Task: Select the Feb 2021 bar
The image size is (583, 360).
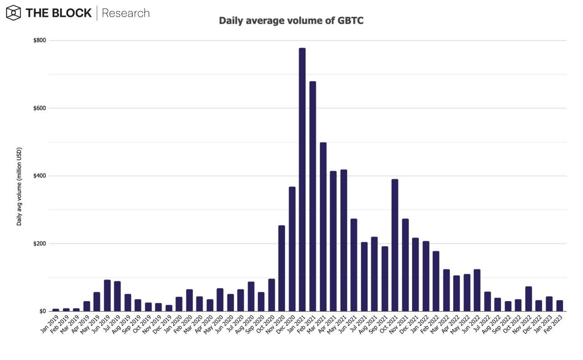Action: tap(312, 196)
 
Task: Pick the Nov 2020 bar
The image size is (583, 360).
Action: tap(281, 268)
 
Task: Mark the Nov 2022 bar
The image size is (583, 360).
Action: tap(528, 299)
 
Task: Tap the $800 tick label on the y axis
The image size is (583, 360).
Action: tap(39, 41)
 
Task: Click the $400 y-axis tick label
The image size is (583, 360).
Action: tap(39, 176)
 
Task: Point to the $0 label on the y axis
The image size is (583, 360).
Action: tap(42, 311)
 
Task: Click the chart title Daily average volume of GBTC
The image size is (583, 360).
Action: tap(291, 21)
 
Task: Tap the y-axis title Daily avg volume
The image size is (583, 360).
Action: tap(19, 186)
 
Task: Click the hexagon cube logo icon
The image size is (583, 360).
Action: tap(14, 13)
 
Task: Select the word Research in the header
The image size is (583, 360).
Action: tap(126, 13)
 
